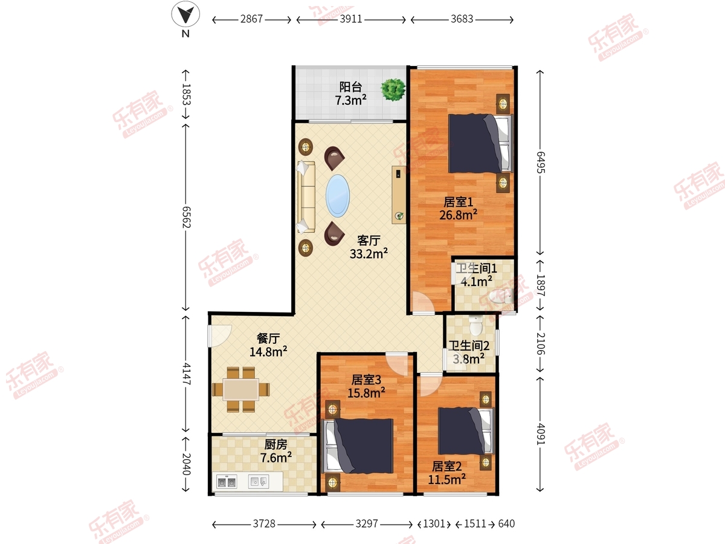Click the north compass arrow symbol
pos(185,15)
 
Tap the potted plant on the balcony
pos(393,89)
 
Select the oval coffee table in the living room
pos(338,196)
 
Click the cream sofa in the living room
pos(306,197)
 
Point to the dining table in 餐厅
pos(241,390)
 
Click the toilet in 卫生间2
pos(475,325)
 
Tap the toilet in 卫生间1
pos(501,296)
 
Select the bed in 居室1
pos(480,143)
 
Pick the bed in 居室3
pos(358,446)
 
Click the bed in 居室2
pos(466,431)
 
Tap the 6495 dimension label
pos(540,162)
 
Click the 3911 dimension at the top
pos(351,19)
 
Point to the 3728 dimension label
pos(264,523)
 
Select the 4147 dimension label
pos(186,374)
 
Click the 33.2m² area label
pos(369,254)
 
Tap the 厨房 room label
pos(275,445)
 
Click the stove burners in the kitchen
pos(227,482)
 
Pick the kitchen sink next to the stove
pos(259,482)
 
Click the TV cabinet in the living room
pos(399,195)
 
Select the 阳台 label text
pos(350,87)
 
